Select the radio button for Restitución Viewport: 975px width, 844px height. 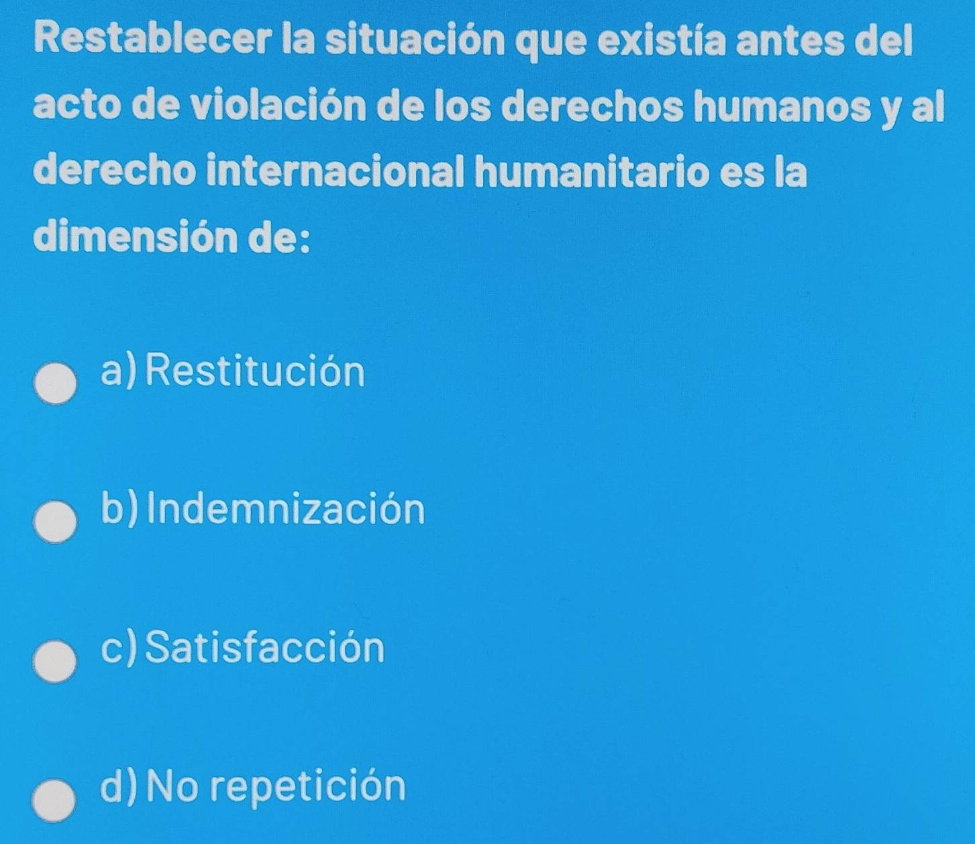(56, 385)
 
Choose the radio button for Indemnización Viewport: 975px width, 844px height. (56, 523)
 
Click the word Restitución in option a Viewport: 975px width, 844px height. (255, 373)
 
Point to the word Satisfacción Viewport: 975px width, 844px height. (266, 648)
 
